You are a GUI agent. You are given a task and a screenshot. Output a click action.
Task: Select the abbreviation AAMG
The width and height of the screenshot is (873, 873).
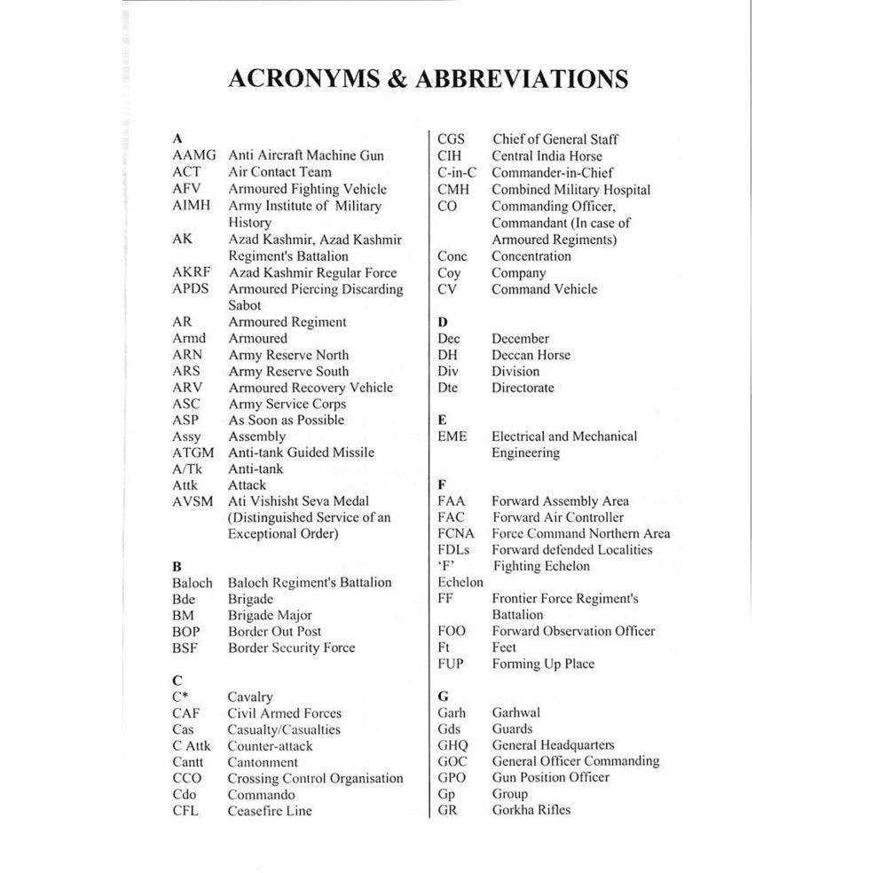pos(194,155)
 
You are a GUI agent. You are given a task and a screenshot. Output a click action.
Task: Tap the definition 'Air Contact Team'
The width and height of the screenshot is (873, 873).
pos(279,172)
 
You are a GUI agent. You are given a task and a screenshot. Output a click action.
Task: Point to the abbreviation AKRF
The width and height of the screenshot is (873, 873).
pos(193,272)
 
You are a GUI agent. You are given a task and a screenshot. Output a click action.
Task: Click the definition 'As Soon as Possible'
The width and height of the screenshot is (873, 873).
pos(286,420)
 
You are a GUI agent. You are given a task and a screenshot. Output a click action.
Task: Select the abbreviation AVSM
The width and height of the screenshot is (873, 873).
pos(193,501)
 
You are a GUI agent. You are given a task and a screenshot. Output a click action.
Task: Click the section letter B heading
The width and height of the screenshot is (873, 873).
pos(177,566)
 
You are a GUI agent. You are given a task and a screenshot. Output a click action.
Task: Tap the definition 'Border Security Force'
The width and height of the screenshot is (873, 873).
pos(291,648)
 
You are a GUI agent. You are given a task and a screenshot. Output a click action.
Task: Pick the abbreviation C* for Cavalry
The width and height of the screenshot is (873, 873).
pos(180,697)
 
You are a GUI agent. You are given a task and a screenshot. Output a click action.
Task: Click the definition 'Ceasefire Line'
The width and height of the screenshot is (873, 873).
pos(270,811)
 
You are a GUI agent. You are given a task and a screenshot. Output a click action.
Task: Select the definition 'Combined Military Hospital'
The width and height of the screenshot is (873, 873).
pos(570,190)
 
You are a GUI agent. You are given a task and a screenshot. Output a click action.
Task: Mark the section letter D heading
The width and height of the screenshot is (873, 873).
pos(443,321)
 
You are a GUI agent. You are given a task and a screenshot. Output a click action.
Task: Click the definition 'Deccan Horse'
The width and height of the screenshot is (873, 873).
pos(531,355)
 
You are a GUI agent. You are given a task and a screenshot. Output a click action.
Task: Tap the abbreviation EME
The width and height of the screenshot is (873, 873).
pos(452,436)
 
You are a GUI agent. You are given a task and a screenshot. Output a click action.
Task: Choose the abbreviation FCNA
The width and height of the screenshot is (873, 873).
pos(456,534)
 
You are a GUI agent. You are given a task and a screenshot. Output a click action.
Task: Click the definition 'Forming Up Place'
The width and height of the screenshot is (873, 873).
pos(543,664)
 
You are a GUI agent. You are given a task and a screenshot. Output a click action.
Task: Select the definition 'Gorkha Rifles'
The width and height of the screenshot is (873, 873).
pos(531,810)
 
